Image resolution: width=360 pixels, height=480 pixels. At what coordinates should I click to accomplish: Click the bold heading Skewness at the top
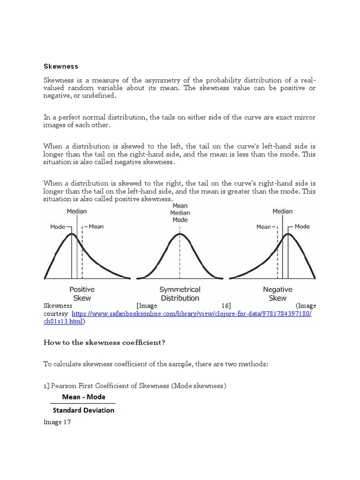[x=60, y=67]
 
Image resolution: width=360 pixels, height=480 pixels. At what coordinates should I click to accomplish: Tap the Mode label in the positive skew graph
[x=58, y=227]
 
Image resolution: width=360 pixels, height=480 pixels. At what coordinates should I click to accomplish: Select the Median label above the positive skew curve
[x=76, y=211]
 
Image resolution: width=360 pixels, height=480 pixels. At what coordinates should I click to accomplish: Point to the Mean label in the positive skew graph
[x=96, y=227]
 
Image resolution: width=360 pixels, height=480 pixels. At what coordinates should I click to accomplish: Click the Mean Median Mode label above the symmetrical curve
[x=180, y=213]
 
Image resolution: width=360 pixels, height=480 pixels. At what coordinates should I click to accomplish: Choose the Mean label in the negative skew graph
[x=263, y=227]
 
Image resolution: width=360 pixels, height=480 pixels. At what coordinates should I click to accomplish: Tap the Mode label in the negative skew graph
[x=302, y=227]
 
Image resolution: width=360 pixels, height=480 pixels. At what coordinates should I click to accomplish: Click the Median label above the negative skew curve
[x=282, y=211]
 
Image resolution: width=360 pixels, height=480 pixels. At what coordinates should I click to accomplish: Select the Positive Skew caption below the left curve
[x=82, y=294]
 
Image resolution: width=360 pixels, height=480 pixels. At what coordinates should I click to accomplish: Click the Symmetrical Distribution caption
[x=180, y=294]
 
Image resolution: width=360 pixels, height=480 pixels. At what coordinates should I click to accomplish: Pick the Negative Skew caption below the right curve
[x=277, y=294]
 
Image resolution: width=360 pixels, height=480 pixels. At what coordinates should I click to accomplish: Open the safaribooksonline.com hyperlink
[x=191, y=314]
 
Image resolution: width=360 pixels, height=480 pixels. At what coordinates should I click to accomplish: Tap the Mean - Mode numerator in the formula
[x=83, y=397]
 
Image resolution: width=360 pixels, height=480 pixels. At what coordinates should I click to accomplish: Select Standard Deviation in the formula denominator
[x=83, y=410]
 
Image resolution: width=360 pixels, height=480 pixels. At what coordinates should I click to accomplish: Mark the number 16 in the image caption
[x=226, y=306]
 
